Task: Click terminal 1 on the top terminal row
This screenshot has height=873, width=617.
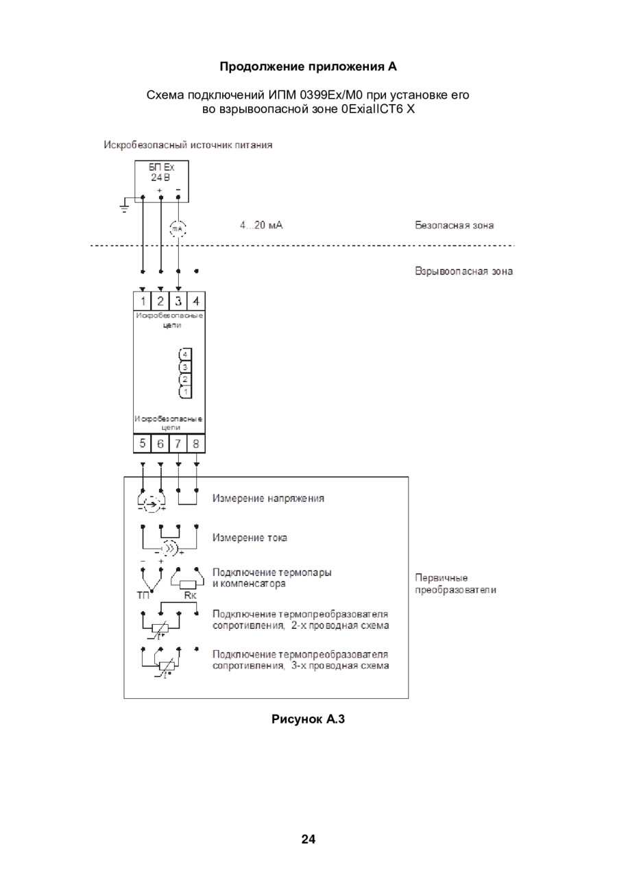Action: click(x=143, y=301)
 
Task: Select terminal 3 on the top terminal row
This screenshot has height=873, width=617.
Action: click(x=178, y=301)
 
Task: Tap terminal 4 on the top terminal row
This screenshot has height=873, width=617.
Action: click(x=196, y=301)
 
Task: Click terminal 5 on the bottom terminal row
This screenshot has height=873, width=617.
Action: click(x=143, y=443)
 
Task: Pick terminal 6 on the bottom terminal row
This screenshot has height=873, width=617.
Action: click(x=160, y=443)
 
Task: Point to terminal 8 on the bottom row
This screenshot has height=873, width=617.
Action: click(x=196, y=443)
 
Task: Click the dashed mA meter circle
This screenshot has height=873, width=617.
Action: click(x=178, y=229)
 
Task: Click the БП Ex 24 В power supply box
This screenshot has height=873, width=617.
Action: click(x=162, y=181)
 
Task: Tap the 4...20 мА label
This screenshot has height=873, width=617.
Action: click(x=261, y=225)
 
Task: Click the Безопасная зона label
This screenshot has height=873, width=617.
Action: click(x=454, y=225)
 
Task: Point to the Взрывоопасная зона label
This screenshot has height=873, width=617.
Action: click(x=463, y=272)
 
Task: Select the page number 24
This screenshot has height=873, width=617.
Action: click(x=308, y=839)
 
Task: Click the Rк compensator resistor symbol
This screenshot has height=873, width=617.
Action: click(x=187, y=584)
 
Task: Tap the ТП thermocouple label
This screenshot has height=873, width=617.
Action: click(x=143, y=595)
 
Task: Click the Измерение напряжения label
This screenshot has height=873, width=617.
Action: click(x=268, y=498)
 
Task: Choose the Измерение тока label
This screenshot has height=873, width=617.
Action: click(x=250, y=538)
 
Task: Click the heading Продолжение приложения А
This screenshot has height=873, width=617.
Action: click(x=308, y=67)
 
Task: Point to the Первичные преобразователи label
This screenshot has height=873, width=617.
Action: click(x=455, y=584)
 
